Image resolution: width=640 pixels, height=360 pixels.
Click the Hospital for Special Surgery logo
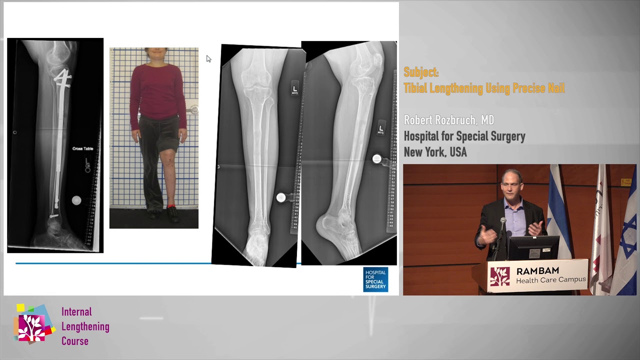(x=375, y=279)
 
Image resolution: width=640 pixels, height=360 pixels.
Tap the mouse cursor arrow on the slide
(x=208, y=58)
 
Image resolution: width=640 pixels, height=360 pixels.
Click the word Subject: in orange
(x=421, y=72)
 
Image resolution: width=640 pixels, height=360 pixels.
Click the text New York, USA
(x=435, y=152)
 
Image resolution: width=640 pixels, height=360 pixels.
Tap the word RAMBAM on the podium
(x=537, y=271)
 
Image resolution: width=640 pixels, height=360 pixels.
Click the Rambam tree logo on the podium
(x=499, y=276)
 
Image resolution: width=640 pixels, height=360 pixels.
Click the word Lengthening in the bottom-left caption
(x=85, y=326)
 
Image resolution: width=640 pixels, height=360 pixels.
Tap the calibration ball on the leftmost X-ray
(x=76, y=200)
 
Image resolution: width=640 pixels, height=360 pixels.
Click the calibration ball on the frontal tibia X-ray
(x=281, y=197)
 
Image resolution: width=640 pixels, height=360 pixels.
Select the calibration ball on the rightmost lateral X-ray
(x=376, y=159)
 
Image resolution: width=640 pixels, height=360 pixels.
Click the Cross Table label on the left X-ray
(x=82, y=148)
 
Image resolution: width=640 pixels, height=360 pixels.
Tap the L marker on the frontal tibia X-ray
(x=294, y=89)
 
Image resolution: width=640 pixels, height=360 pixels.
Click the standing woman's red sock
(x=171, y=206)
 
